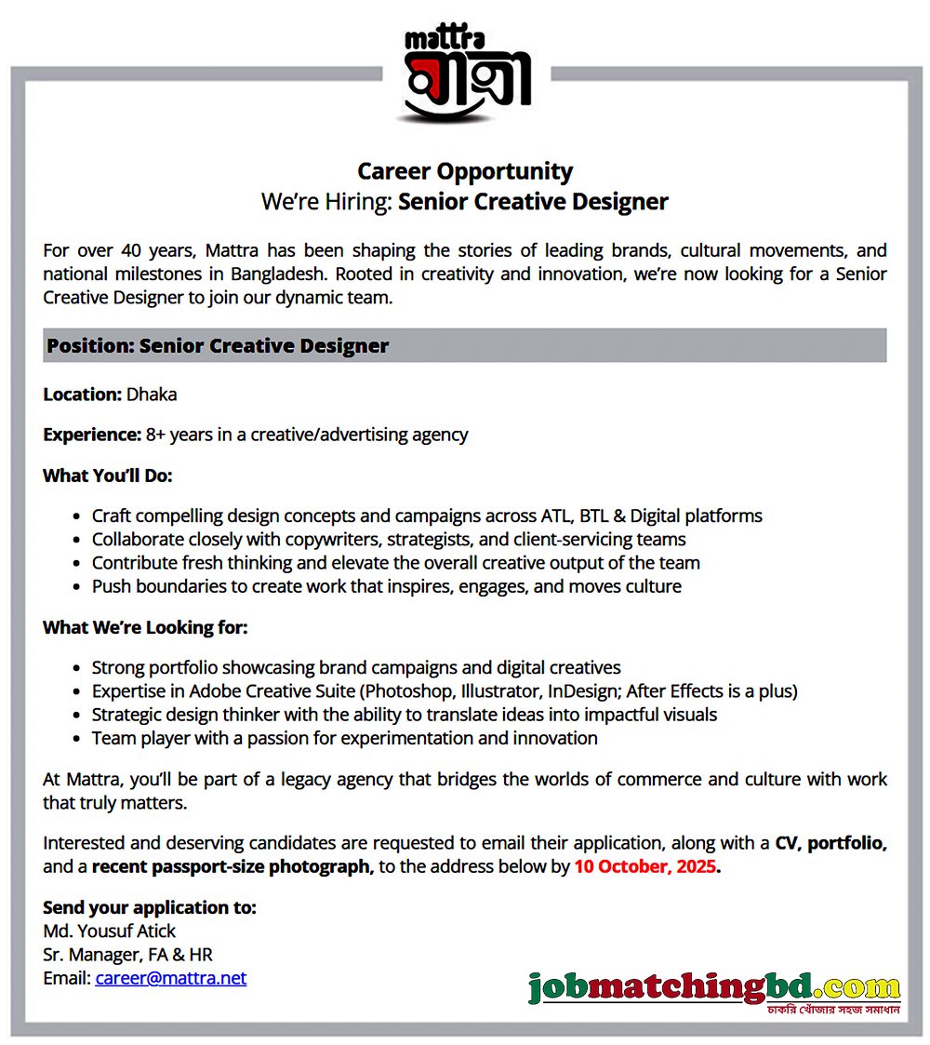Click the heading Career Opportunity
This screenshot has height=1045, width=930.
click(x=465, y=171)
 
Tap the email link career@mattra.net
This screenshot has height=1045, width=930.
click(x=170, y=978)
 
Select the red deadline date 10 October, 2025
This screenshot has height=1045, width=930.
click(x=644, y=867)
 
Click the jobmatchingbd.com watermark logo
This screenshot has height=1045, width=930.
click(x=714, y=988)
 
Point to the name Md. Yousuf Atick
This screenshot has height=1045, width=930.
click(x=109, y=931)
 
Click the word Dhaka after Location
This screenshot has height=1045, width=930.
click(x=152, y=394)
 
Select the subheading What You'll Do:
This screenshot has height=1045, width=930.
click(x=108, y=476)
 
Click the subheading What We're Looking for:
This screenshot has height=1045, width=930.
click(x=145, y=627)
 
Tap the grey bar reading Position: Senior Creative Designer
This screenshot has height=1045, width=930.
click(x=464, y=345)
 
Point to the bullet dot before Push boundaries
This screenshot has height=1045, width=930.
click(x=75, y=587)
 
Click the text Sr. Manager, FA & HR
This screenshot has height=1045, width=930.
click(x=128, y=954)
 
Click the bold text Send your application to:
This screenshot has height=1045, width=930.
click(x=149, y=906)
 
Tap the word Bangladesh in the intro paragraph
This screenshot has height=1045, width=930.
click(x=281, y=275)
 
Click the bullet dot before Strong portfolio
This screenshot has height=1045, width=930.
click(x=75, y=668)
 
